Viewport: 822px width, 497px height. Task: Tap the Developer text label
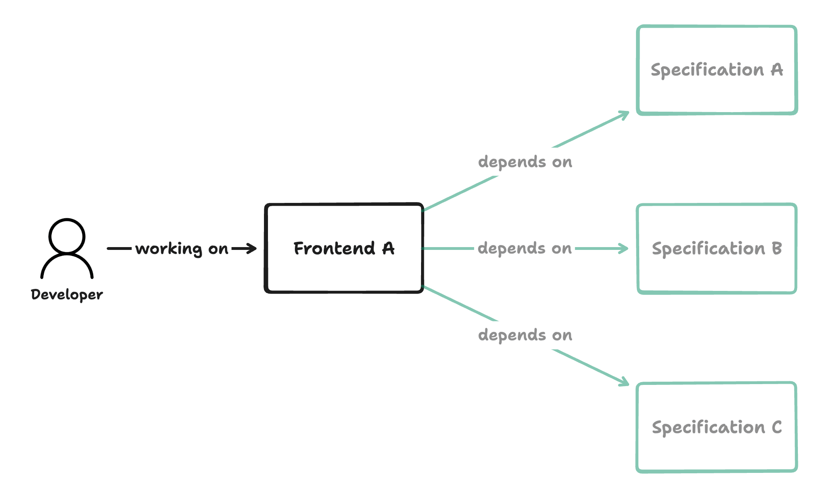pyautogui.click(x=67, y=295)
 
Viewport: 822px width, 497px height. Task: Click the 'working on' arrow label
pyautogui.click(x=182, y=249)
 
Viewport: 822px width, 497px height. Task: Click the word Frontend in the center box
pyautogui.click(x=334, y=248)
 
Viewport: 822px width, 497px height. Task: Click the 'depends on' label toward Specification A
pyautogui.click(x=525, y=162)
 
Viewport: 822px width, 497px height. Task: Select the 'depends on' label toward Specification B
pyautogui.click(x=525, y=249)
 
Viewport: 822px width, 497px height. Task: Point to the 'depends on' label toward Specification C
pyautogui.click(x=525, y=335)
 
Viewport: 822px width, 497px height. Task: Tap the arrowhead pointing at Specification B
pyautogui.click(x=625, y=249)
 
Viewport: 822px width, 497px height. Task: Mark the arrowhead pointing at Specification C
pyautogui.click(x=625, y=382)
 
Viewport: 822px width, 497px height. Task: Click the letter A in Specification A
pyautogui.click(x=777, y=70)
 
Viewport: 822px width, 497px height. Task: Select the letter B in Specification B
pyautogui.click(x=777, y=249)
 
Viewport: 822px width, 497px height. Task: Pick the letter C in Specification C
pyautogui.click(x=777, y=427)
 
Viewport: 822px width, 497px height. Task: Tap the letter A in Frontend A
pyautogui.click(x=389, y=248)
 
